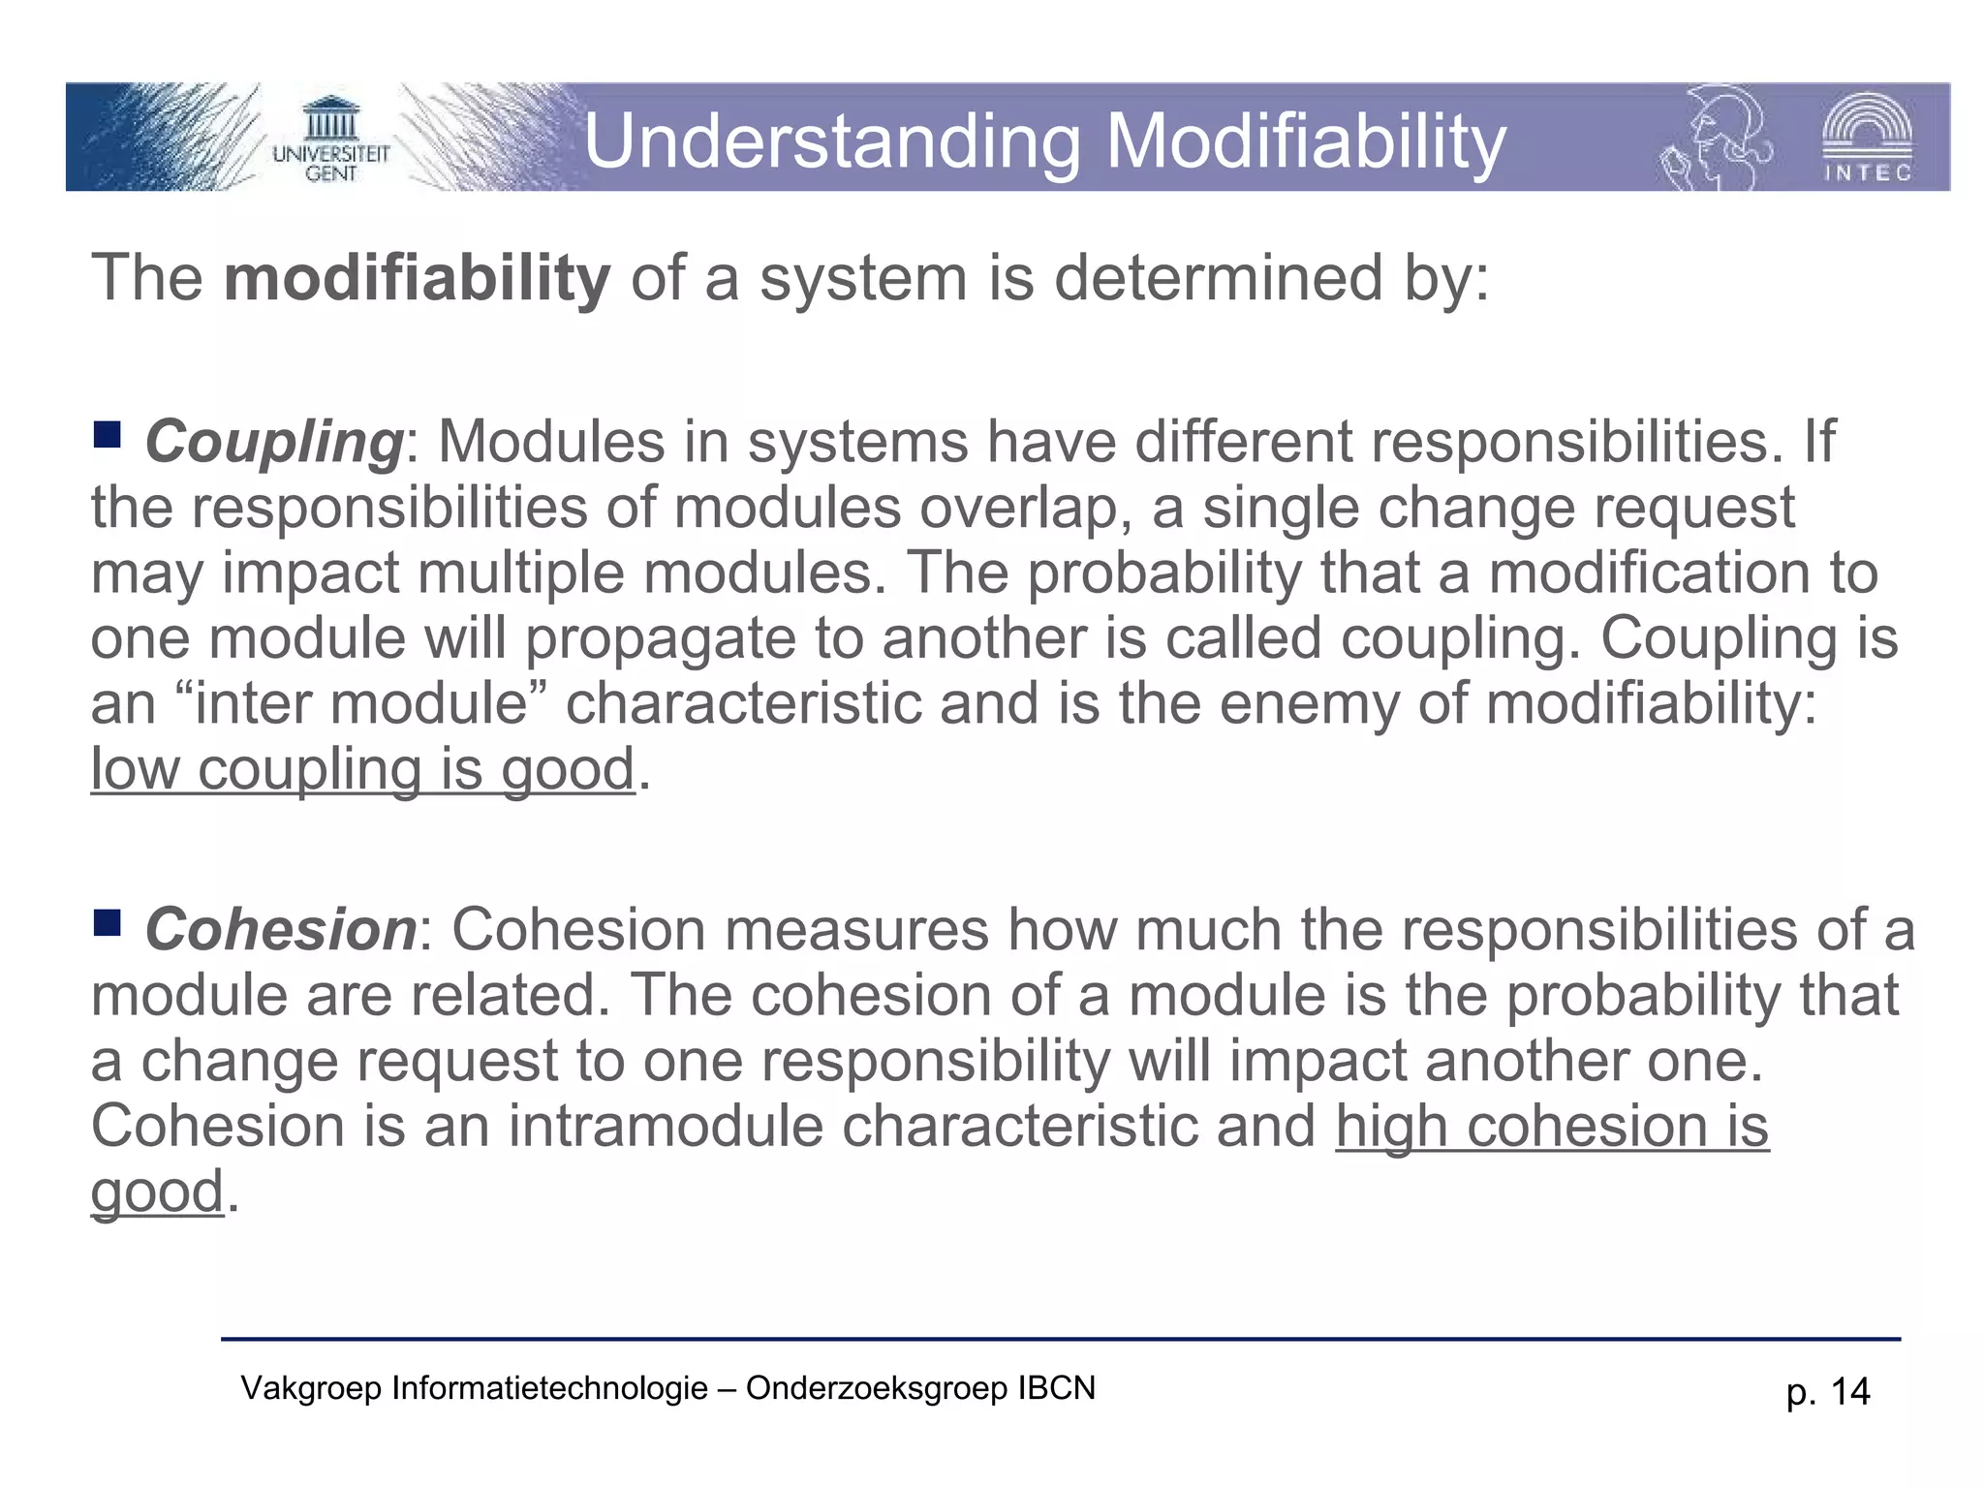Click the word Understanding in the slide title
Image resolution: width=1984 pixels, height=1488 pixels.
[x=831, y=141]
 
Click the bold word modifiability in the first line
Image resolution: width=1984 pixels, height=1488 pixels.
[x=418, y=279]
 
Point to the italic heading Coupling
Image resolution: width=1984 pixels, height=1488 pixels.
[x=274, y=443]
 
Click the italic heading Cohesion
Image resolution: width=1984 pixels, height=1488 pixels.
[x=281, y=930]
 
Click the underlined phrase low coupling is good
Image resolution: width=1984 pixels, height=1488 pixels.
[x=362, y=770]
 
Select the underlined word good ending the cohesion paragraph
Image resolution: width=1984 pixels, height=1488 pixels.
[x=157, y=1192]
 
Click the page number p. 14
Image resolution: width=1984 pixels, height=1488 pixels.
[x=1828, y=1392]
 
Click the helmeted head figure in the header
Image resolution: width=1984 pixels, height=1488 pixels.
[x=1715, y=138]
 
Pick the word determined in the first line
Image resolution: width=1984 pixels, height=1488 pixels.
[x=1218, y=279]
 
